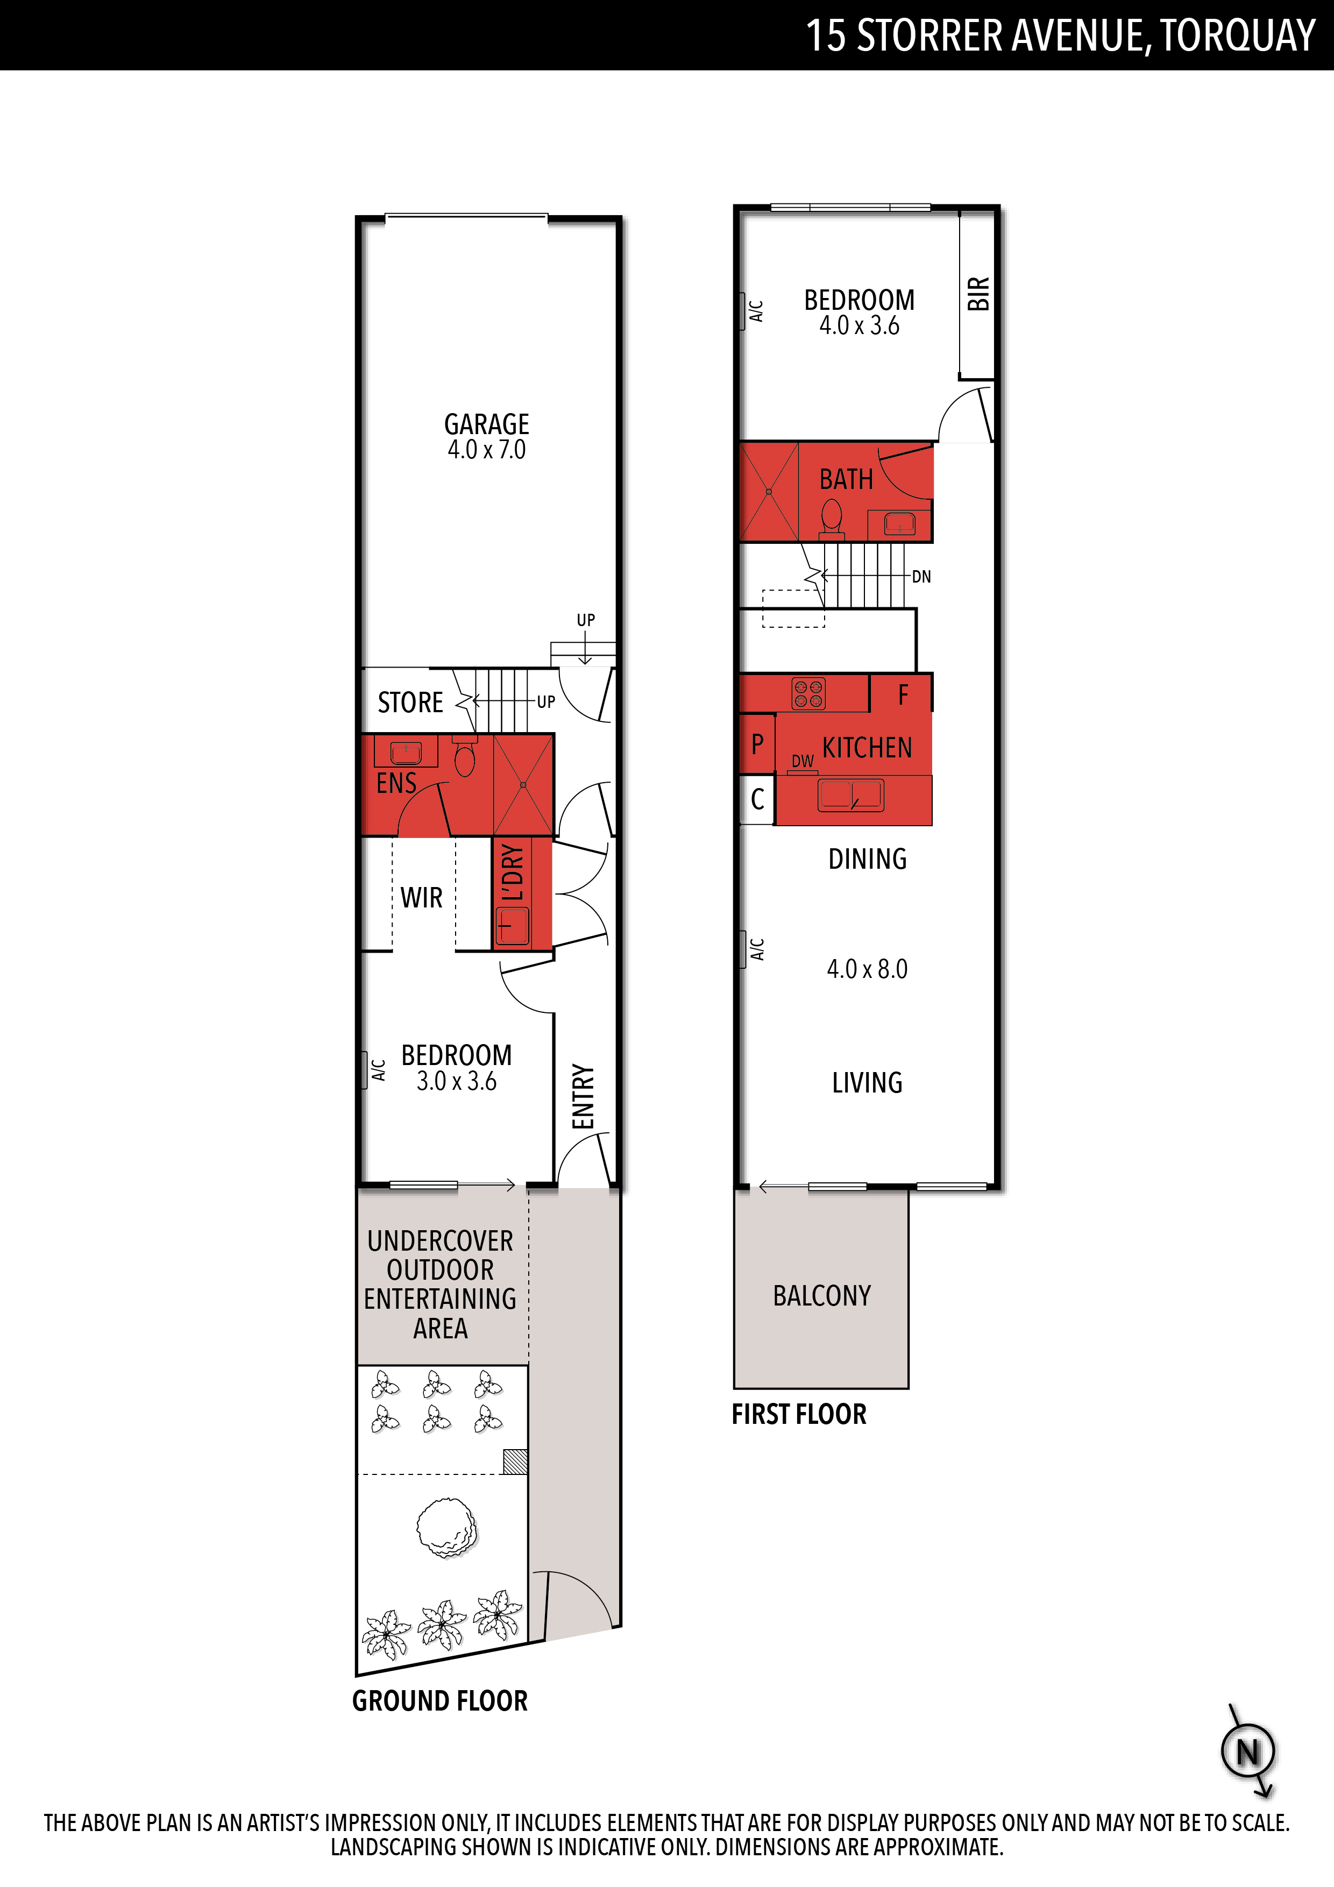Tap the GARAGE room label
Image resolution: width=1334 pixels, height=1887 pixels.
point(487,424)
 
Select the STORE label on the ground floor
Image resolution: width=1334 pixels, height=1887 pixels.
point(410,703)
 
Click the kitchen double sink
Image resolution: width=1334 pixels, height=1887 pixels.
point(850,794)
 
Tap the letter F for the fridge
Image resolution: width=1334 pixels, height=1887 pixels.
point(903,696)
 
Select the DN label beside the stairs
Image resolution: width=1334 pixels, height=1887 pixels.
point(921,577)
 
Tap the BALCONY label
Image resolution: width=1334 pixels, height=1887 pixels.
point(822,1296)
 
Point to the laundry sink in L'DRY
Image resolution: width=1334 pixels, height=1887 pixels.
point(513,926)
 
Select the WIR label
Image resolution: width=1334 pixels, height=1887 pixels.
point(422,897)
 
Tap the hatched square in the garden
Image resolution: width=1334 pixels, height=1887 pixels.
point(515,1462)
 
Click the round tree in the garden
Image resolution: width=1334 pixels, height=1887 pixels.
point(446,1528)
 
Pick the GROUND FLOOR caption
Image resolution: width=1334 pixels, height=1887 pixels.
point(439,1701)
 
